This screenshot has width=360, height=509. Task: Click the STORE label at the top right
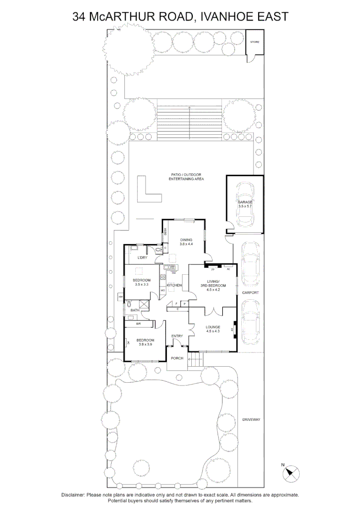[254, 42]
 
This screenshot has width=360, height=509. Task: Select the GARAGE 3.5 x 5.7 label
[245, 204]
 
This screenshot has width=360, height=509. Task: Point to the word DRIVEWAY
[251, 419]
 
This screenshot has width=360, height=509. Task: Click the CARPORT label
[250, 292]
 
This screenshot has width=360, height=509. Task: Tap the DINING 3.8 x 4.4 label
[186, 242]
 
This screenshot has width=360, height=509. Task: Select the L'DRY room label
[143, 258]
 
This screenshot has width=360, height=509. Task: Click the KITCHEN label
[174, 285]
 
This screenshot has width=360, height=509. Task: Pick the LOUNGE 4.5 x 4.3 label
[213, 328]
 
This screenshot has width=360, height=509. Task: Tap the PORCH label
[177, 358]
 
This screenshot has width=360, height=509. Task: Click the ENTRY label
[177, 336]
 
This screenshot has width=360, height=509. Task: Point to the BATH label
[135, 310]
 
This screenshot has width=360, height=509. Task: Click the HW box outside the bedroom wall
[121, 297]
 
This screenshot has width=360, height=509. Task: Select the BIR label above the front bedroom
[139, 324]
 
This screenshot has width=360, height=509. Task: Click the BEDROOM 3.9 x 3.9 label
[145, 342]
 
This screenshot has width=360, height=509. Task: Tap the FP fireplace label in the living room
[213, 270]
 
